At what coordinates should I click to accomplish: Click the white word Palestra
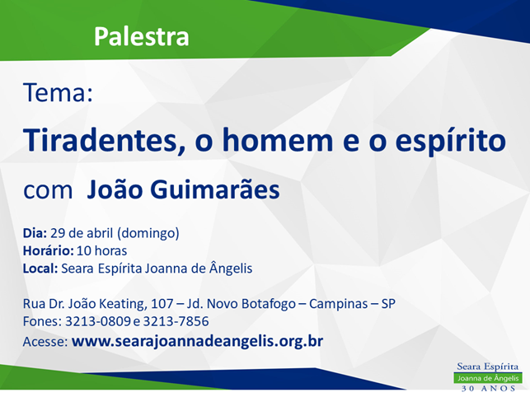(x=141, y=36)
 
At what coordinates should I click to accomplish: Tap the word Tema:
(x=58, y=92)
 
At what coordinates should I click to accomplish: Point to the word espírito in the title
(x=451, y=141)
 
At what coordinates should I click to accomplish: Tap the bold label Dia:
(x=35, y=233)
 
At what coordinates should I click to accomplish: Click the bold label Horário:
(x=49, y=250)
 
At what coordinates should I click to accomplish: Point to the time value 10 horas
(x=101, y=250)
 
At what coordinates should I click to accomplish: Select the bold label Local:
(x=40, y=269)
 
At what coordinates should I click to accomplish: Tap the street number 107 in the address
(x=162, y=303)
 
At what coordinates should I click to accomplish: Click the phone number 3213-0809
(x=98, y=321)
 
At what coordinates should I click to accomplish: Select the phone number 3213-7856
(x=176, y=321)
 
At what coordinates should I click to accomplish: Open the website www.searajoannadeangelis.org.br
(x=197, y=341)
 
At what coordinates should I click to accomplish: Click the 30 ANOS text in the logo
(x=489, y=389)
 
